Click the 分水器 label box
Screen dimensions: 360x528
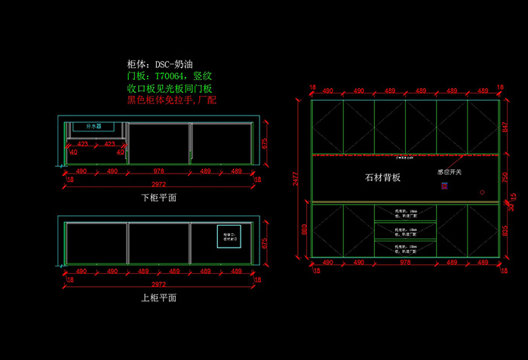click(x=94, y=126)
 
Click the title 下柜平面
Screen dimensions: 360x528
click(x=159, y=198)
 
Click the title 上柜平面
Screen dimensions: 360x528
click(x=159, y=297)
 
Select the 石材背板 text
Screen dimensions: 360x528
click(x=382, y=178)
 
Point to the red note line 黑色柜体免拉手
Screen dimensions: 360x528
click(x=171, y=100)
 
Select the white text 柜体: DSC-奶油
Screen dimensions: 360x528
click(x=164, y=65)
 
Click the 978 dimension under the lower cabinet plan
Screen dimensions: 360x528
click(x=158, y=171)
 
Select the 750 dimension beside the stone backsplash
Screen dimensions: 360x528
click(x=505, y=177)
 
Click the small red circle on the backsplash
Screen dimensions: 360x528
click(x=482, y=192)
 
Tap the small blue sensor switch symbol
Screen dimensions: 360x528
click(x=444, y=185)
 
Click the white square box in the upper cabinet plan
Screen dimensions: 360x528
click(x=229, y=237)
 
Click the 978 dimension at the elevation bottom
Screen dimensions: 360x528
click(x=405, y=262)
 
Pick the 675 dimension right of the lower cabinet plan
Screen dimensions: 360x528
click(x=265, y=145)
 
